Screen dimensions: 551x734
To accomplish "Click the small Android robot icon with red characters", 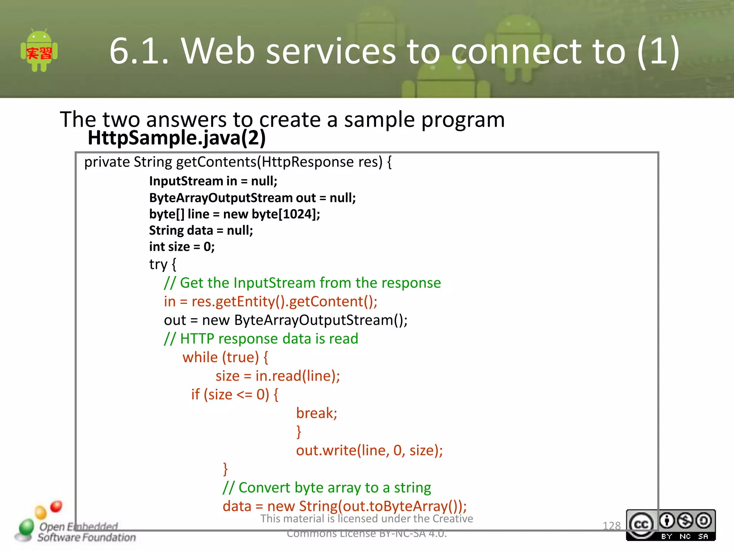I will [39, 51].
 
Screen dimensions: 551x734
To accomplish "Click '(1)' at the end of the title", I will [658, 51].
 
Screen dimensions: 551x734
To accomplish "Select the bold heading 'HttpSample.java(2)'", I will [176, 138].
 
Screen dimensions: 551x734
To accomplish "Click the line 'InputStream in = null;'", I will [213, 181].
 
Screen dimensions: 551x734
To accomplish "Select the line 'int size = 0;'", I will [182, 247].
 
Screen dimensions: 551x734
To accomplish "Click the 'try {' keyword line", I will [163, 264].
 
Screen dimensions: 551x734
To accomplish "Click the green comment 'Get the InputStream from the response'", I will [310, 283].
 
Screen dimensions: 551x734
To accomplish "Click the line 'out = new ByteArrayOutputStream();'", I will [286, 320].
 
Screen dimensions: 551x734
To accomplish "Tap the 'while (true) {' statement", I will [225, 358].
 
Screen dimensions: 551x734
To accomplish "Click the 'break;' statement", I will [316, 413].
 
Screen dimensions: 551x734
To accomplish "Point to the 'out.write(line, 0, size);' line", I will [369, 451].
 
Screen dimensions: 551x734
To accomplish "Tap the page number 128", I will [611, 526].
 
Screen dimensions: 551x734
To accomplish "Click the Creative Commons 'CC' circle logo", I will [641, 524].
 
